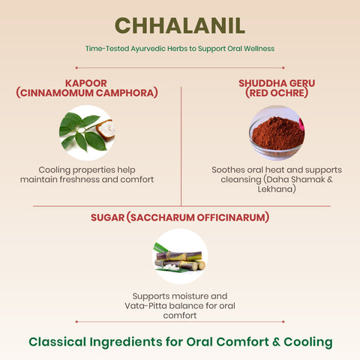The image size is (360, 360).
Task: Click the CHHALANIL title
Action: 180,25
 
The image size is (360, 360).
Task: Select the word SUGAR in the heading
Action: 106,217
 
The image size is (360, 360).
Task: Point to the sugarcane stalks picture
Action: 179,257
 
